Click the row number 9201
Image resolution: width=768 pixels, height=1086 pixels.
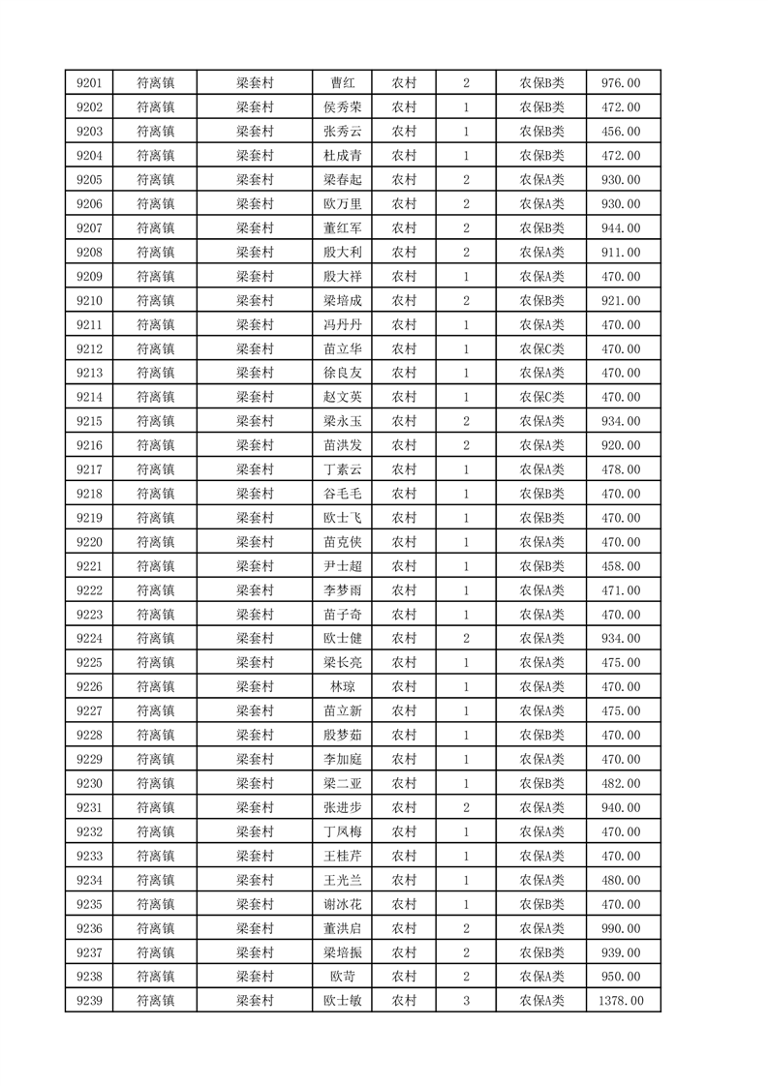coord(90,83)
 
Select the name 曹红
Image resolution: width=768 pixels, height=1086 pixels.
coord(342,83)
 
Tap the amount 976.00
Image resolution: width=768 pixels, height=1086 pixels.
coord(621,83)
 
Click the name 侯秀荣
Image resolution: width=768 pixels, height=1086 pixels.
coord(342,107)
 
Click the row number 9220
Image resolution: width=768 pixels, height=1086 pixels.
coord(90,542)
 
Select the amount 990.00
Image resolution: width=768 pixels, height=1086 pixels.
coord(621,928)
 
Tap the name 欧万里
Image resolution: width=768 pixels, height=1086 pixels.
coord(342,204)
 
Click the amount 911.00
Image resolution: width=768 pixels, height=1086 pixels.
coord(621,253)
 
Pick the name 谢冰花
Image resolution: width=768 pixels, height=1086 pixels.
coord(342,904)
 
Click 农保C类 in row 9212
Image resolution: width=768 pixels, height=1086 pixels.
coord(542,349)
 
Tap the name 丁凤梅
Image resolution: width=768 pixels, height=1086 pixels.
coord(342,831)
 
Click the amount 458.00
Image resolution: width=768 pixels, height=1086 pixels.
coord(621,566)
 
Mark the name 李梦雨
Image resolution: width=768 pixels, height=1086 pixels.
coord(342,590)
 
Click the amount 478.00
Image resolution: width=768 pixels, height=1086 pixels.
coord(621,469)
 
